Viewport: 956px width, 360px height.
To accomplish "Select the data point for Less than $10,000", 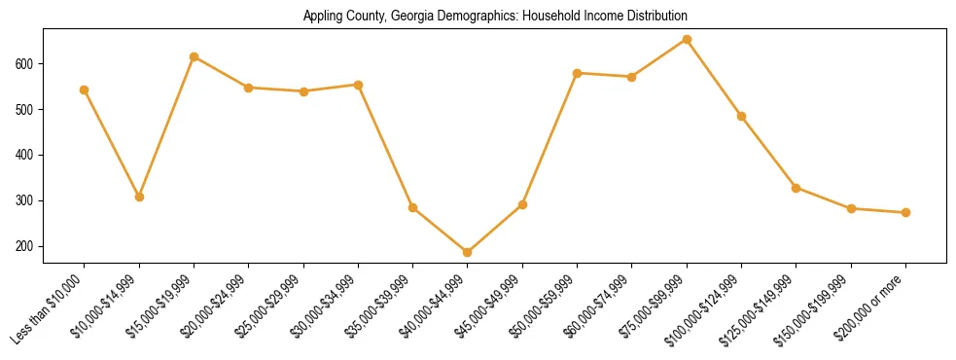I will (x=85, y=90).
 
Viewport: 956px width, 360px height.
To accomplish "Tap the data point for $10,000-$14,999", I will (x=139, y=197).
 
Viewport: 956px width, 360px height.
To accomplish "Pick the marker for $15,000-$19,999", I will (x=195, y=56).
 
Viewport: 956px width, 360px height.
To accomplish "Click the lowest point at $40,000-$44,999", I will (x=468, y=252).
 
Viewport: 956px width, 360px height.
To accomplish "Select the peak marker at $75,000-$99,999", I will (x=687, y=40).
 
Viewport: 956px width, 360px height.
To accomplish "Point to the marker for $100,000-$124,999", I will (x=741, y=116).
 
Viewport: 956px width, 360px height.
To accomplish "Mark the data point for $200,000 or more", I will (x=905, y=212).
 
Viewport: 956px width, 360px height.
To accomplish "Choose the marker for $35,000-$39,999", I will (x=413, y=207).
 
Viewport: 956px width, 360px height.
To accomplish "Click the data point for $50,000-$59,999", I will (x=578, y=73).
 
